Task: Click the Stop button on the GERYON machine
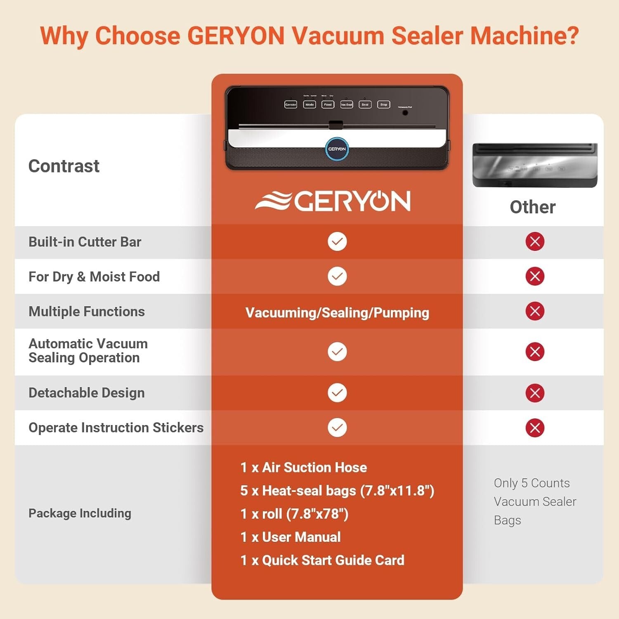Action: tap(383, 105)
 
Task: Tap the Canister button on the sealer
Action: tap(291, 105)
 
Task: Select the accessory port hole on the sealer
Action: tap(405, 113)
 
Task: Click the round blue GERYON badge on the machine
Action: tap(337, 149)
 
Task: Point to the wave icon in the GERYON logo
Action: tap(273, 201)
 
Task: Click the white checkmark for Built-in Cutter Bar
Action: tap(337, 241)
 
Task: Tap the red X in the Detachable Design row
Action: tap(535, 393)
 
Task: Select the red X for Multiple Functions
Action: tap(535, 311)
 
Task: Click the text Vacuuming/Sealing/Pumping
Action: tap(337, 313)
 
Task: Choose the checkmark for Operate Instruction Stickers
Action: tap(337, 428)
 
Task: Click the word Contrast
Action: tap(64, 166)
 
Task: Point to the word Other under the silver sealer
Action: tap(532, 207)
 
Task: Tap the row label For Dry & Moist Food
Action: tap(94, 276)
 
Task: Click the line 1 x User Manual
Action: tap(291, 537)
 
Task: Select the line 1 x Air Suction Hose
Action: tap(304, 468)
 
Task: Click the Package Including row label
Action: tap(80, 513)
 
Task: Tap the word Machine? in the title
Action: tap(524, 35)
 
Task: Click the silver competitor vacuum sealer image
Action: tap(535, 165)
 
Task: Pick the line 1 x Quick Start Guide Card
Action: tap(322, 560)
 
